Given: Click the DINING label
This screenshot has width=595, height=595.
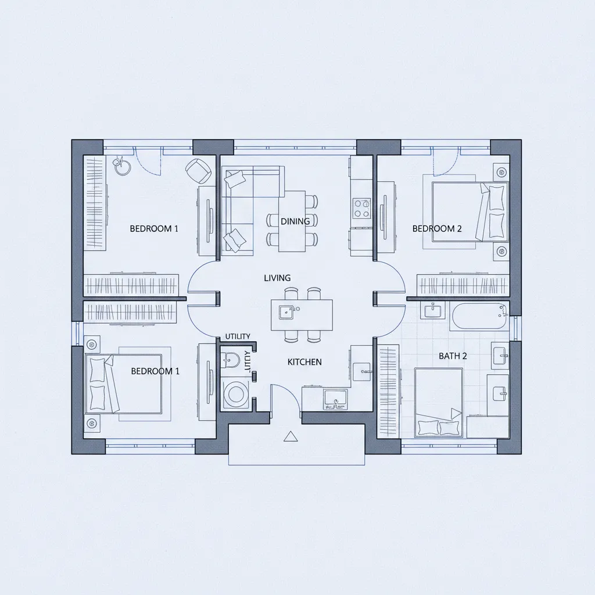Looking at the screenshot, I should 295,221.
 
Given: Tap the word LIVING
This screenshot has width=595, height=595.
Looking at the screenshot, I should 277,278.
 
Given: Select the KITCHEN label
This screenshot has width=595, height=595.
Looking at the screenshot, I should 304,362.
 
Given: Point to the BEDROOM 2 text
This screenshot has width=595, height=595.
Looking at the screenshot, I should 437,229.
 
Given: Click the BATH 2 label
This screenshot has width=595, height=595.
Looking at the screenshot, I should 453,356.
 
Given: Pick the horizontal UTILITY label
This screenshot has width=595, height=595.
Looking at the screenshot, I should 237,336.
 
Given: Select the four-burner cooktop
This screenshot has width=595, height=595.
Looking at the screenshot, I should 362,208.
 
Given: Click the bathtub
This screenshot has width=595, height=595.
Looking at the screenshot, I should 479,316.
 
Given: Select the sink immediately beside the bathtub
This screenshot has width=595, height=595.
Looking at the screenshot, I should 433,311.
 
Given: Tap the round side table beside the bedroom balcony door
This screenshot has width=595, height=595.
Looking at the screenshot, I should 121,167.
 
